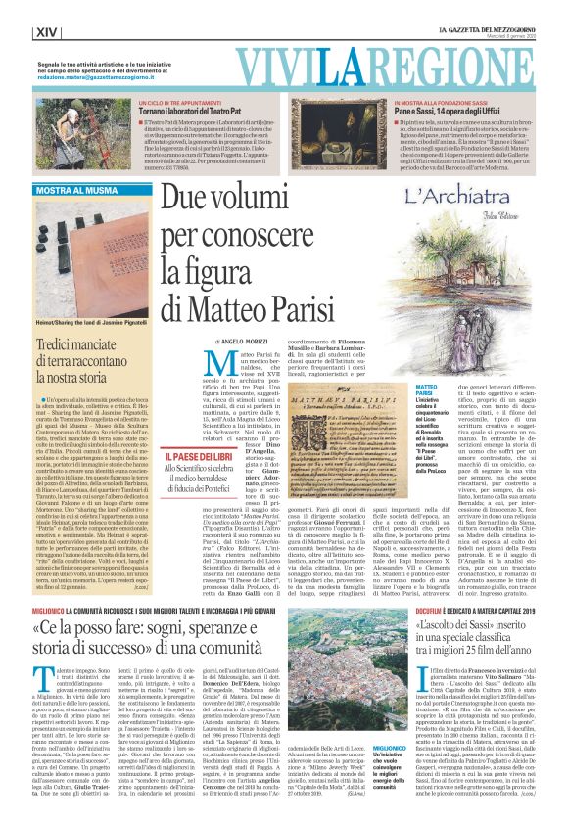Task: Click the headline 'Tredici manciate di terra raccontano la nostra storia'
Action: pyautogui.click(x=78, y=353)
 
